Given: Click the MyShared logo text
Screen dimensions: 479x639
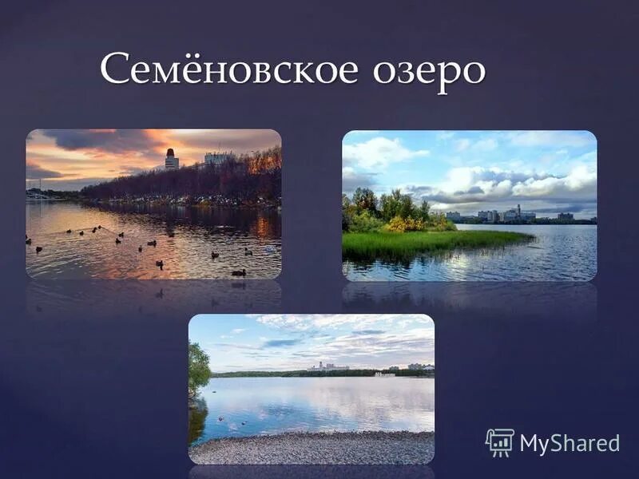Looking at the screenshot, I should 569,444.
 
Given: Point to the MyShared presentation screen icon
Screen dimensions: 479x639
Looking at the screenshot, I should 500,442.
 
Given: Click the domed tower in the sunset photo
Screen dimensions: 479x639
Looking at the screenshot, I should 172,158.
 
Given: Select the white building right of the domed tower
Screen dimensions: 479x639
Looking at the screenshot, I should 216,159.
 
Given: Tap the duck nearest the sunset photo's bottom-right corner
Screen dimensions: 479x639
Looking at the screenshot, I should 238,272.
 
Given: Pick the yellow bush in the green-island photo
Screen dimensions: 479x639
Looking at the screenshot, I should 397,224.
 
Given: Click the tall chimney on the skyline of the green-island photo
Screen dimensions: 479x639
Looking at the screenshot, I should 518,210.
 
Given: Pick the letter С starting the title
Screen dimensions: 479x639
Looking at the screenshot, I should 115,69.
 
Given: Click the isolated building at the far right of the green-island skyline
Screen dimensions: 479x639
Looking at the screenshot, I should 565,216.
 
